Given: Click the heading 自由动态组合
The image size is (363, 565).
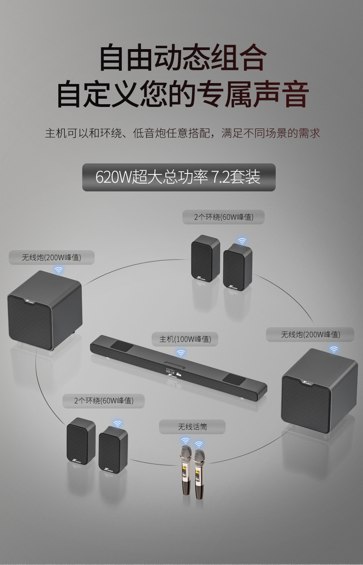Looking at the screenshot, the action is coord(182,57).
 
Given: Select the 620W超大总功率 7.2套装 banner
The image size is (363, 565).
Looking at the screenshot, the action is coord(179,177).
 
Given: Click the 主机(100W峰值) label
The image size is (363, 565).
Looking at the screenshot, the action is coord(185,339).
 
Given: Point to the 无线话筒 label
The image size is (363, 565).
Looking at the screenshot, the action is coord(193,427).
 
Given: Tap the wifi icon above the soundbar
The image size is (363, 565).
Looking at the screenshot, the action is coord(181,353).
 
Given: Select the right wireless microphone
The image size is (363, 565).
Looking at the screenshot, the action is coord(199,473).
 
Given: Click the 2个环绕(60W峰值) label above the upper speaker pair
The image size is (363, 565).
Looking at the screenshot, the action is coord(223,217).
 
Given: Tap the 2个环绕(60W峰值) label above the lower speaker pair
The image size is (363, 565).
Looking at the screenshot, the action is coord(104,401).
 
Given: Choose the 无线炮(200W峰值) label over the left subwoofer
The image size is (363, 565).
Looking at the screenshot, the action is coord(51,257).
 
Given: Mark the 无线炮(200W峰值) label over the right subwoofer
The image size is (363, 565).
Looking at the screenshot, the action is coord(310,335).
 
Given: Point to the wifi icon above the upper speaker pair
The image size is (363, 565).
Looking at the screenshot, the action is coord(242,241).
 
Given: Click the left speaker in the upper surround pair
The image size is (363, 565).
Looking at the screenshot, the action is coord(205,259).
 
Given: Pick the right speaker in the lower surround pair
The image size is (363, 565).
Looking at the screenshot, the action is coord(113,449).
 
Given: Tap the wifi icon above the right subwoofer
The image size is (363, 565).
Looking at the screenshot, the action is coord(334,349).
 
